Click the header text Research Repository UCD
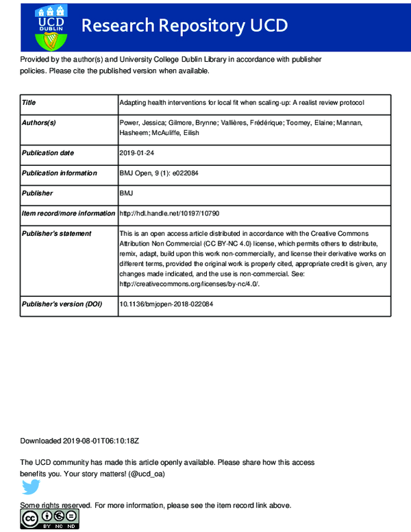tap(184, 26)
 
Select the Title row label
tap(29, 103)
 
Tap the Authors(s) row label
tap(39, 123)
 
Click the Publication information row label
tap(59, 173)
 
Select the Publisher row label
tap(38, 193)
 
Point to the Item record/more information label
tap(68, 213)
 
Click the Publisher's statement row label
tap(56, 234)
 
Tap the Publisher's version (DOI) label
tap(62, 304)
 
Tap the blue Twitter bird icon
tap(31, 487)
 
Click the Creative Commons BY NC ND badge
tap(49, 520)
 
